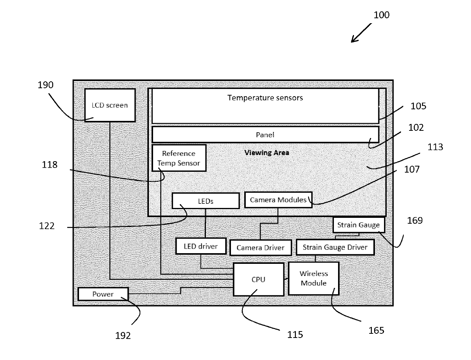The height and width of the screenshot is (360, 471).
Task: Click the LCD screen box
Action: tap(110, 105)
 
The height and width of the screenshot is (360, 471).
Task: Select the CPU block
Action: tap(258, 279)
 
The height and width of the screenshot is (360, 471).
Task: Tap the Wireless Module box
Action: tap(313, 278)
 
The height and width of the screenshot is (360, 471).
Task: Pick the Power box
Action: tap(103, 294)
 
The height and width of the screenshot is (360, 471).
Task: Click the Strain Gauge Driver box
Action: tap(335, 247)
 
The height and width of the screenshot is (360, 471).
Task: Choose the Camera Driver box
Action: tap(261, 247)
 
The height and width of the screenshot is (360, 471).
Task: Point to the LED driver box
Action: tap(201, 246)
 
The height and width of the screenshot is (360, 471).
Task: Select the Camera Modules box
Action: tap(278, 200)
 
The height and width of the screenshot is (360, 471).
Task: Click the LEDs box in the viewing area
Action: tap(205, 201)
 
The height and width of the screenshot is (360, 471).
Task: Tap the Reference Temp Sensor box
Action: tap(179, 158)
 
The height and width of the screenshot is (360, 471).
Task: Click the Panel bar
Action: tap(265, 135)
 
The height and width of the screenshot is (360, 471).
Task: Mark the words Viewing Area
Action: tap(267, 153)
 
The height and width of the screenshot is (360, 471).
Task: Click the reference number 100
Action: tap(381, 15)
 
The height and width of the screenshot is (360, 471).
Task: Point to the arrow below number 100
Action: tap(361, 33)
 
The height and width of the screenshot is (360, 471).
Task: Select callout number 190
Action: tap(46, 85)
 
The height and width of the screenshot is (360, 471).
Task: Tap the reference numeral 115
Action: tap(295, 335)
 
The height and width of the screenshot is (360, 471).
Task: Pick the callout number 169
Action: tap(415, 220)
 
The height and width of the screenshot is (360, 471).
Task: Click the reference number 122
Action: tap(47, 226)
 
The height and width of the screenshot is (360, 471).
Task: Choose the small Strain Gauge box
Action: tap(359, 225)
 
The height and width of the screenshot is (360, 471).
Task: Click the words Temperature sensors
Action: tap(265, 98)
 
